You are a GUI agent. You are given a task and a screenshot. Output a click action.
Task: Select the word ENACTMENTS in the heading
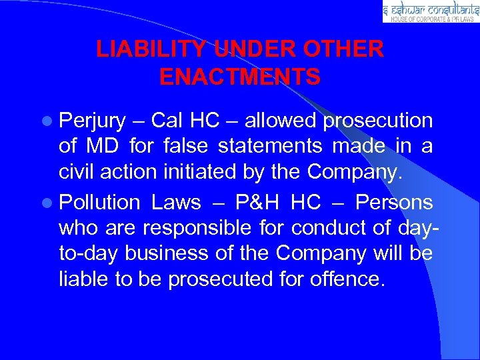coord(240,77)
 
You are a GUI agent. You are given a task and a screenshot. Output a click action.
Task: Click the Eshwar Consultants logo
coord(431,11)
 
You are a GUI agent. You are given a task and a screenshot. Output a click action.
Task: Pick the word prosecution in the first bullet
coord(378,121)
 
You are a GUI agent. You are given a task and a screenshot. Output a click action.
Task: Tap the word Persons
coord(394,201)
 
